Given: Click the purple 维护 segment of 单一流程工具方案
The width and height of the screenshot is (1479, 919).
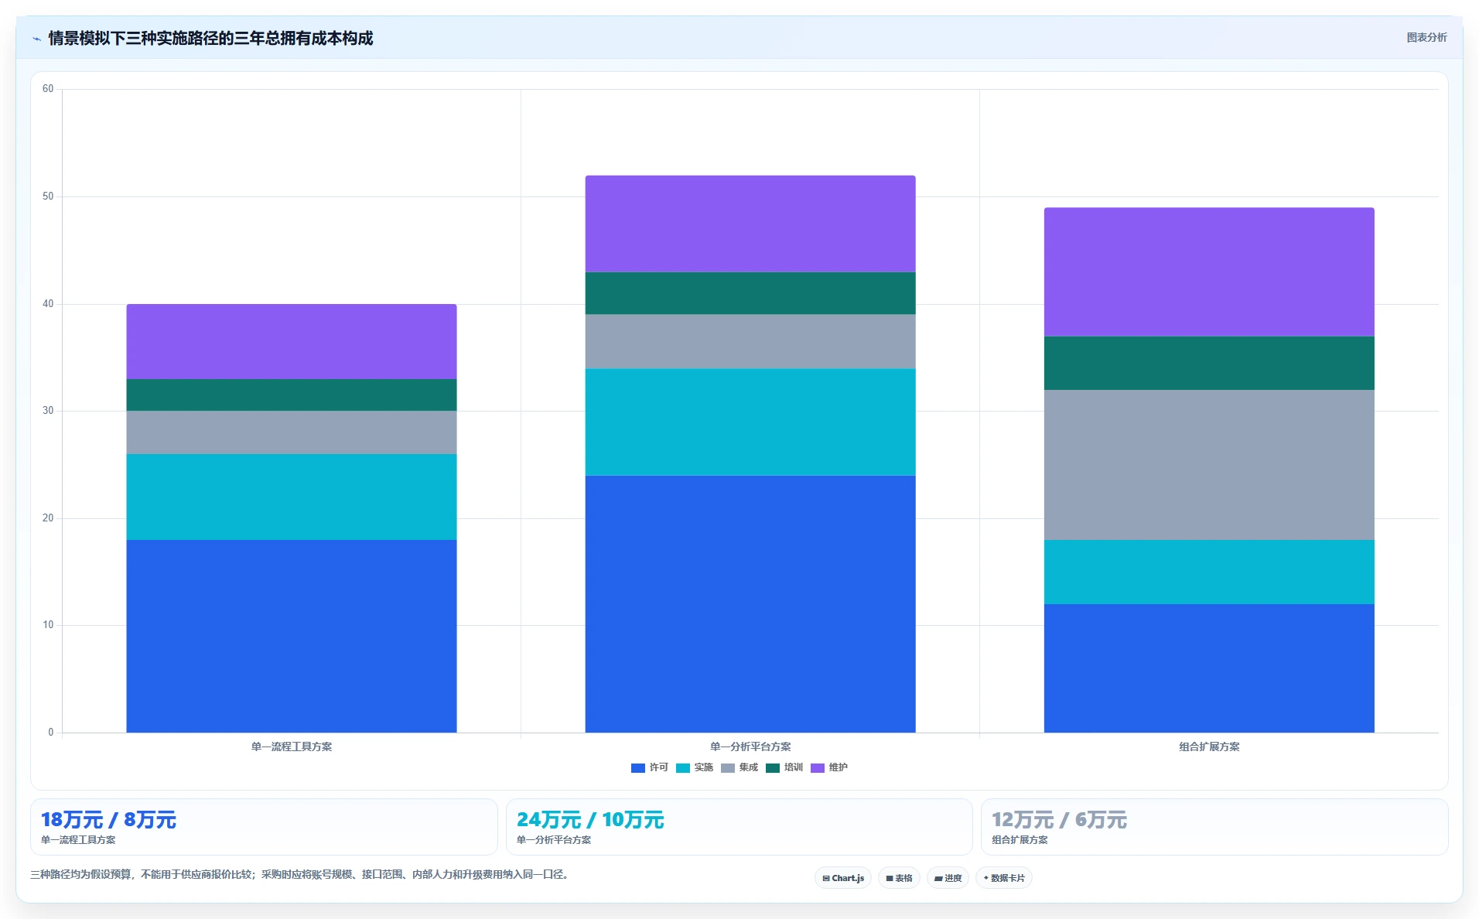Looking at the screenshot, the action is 292,341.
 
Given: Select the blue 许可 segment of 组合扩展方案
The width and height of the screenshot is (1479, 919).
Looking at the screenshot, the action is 1209,668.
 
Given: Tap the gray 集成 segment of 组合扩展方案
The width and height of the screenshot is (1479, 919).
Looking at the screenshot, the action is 1209,465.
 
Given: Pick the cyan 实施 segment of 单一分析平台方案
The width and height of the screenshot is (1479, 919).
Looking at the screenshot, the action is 750,422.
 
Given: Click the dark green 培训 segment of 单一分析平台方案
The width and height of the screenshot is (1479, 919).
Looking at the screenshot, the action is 750,293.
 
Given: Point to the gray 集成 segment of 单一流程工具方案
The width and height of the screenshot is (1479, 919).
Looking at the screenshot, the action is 292,432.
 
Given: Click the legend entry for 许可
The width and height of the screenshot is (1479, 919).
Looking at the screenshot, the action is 650,767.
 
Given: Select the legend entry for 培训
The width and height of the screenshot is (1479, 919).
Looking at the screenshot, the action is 784,767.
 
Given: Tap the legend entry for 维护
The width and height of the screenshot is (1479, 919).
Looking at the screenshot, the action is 829,767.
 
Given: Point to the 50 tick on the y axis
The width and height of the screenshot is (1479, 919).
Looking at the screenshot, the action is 48,196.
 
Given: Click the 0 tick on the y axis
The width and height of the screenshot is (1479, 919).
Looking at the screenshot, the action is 51,732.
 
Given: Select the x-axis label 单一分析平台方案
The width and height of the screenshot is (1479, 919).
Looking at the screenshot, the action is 750,746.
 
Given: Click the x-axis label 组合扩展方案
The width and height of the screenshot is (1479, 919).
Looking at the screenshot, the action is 1209,746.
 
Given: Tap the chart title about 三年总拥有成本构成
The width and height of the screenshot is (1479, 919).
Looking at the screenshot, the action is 210,38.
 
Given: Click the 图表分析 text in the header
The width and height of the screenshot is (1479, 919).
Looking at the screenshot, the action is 1426,37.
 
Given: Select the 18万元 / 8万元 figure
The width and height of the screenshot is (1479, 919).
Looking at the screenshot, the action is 108,820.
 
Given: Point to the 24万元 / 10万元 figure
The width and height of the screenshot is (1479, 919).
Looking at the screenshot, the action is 590,820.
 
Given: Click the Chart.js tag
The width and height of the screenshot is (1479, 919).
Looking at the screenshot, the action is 843,878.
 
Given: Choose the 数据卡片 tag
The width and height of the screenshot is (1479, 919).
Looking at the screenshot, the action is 1004,878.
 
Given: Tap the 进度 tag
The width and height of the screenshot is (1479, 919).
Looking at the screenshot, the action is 948,878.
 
